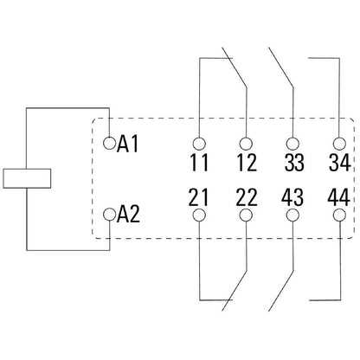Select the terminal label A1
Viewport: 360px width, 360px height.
click(129, 143)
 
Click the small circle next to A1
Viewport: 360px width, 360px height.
click(109, 141)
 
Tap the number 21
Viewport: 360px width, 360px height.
click(200, 200)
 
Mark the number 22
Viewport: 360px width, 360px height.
click(247, 200)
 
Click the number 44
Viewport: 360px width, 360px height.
click(340, 200)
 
